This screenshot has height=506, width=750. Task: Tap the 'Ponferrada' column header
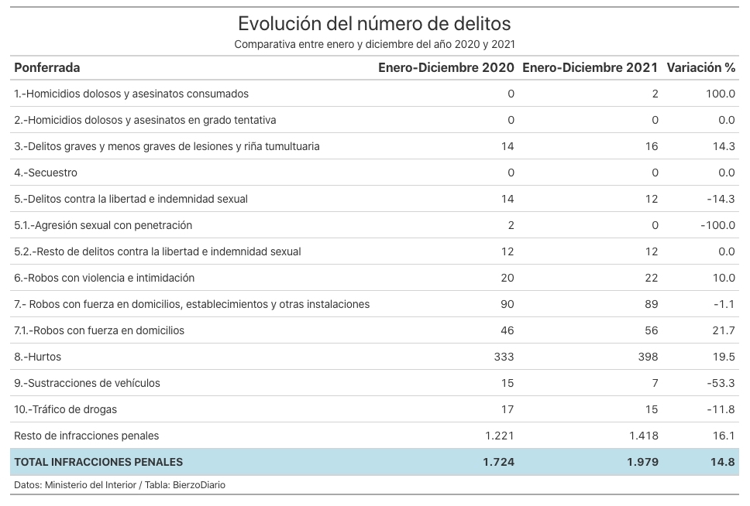click(46, 68)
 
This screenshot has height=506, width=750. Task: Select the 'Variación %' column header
click(700, 68)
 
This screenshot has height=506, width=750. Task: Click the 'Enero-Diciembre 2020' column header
click(446, 68)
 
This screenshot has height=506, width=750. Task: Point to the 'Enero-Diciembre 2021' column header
click(590, 68)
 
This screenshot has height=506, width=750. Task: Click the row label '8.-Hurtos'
click(38, 357)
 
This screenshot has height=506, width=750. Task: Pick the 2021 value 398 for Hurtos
click(649, 357)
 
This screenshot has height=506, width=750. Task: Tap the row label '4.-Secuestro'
click(46, 173)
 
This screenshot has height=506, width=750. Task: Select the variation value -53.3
click(721, 383)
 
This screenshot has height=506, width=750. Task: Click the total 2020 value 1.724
click(498, 462)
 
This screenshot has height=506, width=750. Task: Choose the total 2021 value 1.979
click(643, 462)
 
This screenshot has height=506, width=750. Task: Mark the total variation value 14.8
click(722, 462)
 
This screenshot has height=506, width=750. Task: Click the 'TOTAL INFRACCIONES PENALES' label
click(98, 462)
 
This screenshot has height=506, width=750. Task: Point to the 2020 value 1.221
click(500, 436)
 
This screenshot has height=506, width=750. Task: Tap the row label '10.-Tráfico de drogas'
click(66, 409)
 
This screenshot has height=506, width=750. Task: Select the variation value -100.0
click(718, 225)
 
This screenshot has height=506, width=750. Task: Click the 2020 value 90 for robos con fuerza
click(507, 304)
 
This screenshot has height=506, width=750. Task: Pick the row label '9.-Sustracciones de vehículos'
click(87, 383)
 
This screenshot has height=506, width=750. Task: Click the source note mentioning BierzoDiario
click(119, 485)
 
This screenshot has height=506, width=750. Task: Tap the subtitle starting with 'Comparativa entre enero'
click(374, 44)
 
